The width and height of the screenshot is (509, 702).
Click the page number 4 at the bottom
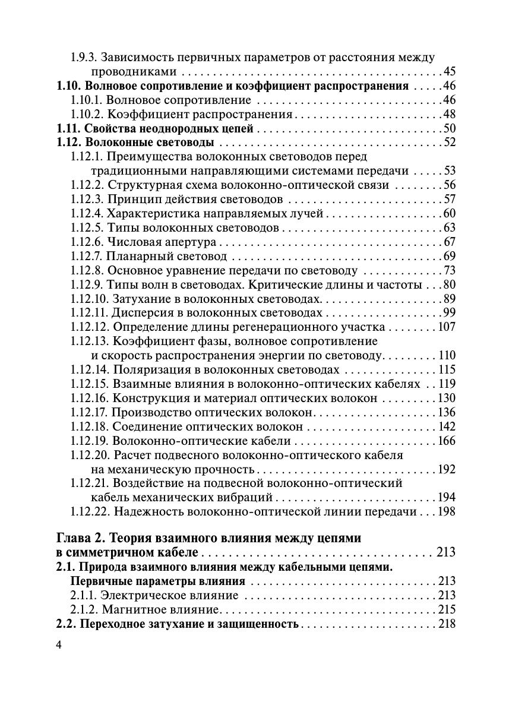[59, 646]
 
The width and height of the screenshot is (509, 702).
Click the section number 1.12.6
[87, 242]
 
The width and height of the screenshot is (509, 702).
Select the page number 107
[446, 327]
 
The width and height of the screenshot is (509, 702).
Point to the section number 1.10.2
[87, 115]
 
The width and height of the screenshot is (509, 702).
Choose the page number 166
[446, 441]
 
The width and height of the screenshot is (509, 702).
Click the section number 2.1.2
[84, 610]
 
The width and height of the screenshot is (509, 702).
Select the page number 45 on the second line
[449, 72]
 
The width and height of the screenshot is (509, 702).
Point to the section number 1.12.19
[89, 441]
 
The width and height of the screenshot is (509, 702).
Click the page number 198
[446, 512]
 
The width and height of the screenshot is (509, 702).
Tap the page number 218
[446, 624]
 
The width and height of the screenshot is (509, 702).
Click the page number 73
[449, 271]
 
